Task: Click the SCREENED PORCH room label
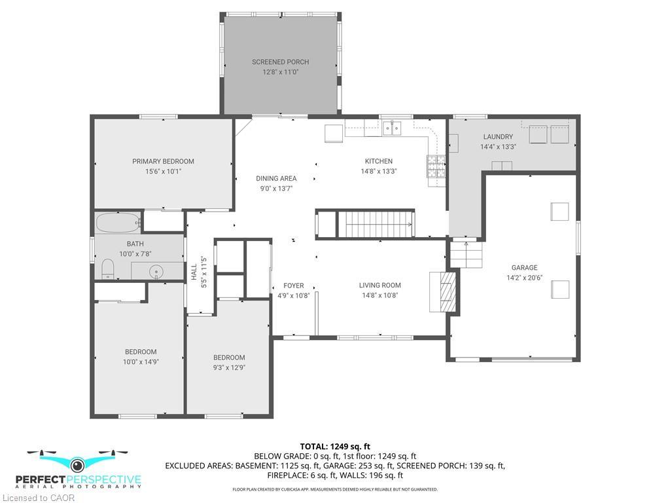(280, 62)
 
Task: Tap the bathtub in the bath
(118, 223)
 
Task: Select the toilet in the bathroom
(109, 269)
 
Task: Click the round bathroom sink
(156, 270)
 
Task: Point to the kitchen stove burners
(436, 167)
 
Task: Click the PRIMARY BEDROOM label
(163, 161)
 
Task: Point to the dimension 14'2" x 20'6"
(524, 277)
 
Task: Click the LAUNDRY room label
(498, 137)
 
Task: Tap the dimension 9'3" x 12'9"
(229, 367)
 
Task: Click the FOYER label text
(293, 286)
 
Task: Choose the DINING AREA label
(275, 178)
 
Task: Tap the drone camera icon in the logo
(78, 465)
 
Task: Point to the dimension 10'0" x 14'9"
(141, 362)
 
